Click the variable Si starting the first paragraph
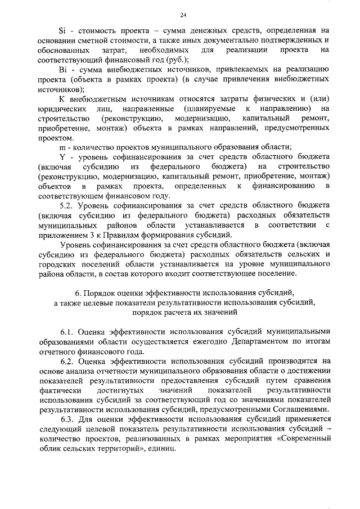[64, 30]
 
